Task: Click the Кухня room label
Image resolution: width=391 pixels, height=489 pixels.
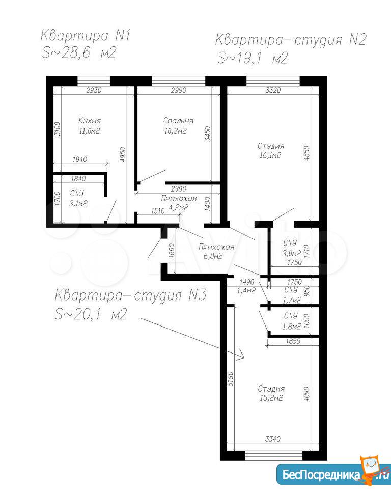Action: [90, 120]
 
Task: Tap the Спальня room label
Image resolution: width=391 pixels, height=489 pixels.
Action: [178, 120]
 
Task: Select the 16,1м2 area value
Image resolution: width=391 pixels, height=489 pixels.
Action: [270, 155]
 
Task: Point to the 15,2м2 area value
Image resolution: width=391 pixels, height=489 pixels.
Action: [271, 398]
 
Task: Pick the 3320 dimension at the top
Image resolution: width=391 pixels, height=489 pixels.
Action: [272, 90]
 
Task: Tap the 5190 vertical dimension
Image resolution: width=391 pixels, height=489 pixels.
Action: [231, 378]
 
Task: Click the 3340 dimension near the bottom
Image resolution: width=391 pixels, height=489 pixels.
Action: [272, 439]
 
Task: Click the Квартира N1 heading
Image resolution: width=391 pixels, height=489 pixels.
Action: [85, 36]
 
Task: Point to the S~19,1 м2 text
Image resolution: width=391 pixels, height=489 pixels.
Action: [252, 58]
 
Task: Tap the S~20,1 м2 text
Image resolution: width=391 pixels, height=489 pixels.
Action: [91, 314]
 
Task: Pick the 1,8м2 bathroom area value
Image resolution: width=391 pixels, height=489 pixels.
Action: [291, 327]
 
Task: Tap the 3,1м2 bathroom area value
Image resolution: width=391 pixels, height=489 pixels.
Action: [77, 204]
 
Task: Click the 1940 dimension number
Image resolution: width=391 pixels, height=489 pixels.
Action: [80, 159]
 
